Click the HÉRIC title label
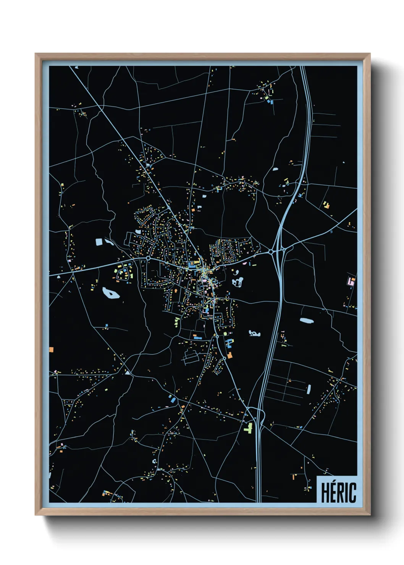coord(338,492)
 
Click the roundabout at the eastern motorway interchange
coord(271,252)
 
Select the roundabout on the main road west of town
coord(148,258)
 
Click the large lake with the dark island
coord(111,293)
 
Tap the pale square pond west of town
coord(99,242)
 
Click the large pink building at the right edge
coord(351,282)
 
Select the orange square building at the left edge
coord(51,349)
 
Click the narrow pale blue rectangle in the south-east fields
coord(309,389)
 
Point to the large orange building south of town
coord(229,355)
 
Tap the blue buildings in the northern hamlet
coord(271,101)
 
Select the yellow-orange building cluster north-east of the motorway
coord(326,205)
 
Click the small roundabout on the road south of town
coord(217,336)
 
